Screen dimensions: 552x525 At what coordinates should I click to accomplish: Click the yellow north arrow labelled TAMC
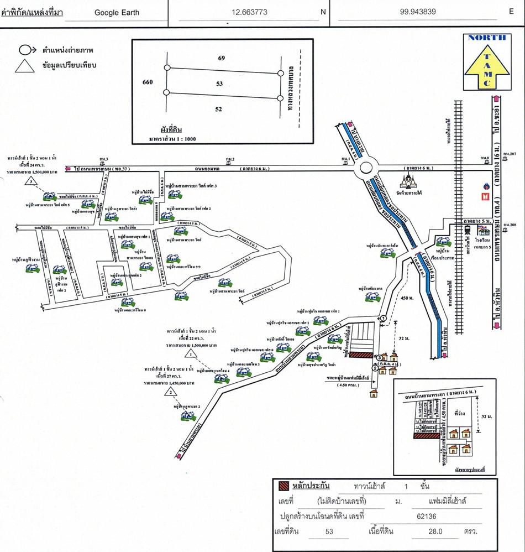[x=486, y=61]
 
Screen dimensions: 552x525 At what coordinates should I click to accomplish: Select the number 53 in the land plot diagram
[x=219, y=84]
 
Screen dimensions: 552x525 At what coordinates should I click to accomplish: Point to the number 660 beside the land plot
[x=147, y=82]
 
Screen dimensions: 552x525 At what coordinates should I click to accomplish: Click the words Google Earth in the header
[x=117, y=12]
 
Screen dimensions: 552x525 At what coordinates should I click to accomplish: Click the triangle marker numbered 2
[x=172, y=392]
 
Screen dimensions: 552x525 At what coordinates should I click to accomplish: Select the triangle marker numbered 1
[x=191, y=352]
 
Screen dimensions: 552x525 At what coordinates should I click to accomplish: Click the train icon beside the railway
[x=466, y=231]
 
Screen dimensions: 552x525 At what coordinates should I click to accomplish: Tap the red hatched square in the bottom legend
[x=283, y=487]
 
